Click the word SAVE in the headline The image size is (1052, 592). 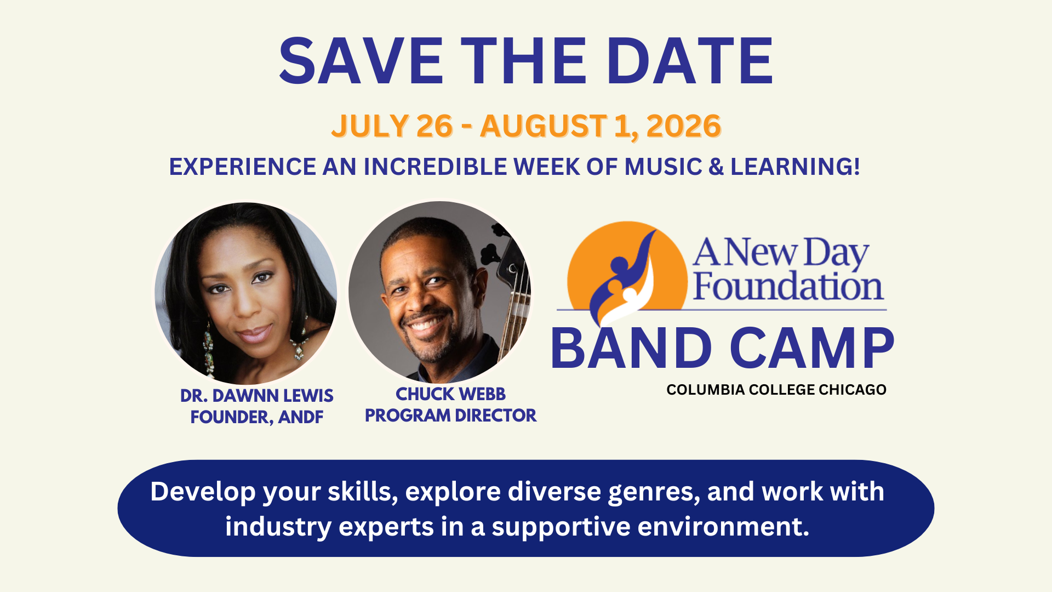tap(361, 61)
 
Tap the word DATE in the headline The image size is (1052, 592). tap(690, 61)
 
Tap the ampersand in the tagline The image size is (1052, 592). tap(716, 167)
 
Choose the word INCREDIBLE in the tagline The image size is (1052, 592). tap(436, 167)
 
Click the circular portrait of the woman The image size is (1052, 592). tap(246, 293)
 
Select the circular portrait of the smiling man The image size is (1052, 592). tap(439, 292)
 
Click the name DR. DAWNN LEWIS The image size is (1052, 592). tap(256, 396)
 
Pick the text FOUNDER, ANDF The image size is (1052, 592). tap(256, 417)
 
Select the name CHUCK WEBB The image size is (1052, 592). tap(450, 394)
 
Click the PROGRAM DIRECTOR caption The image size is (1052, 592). tap(450, 415)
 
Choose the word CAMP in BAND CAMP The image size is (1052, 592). tap(812, 348)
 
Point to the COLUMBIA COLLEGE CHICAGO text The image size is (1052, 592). tap(776, 390)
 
